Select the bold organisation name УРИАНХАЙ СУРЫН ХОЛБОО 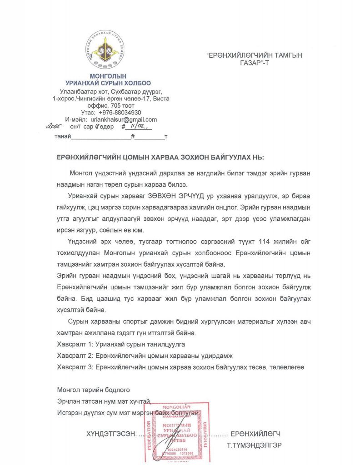point(108,83)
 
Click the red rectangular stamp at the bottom point(180,432)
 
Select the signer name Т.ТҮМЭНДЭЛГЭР point(254,445)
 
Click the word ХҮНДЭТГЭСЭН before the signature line point(111,434)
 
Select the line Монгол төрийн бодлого point(94,390)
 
